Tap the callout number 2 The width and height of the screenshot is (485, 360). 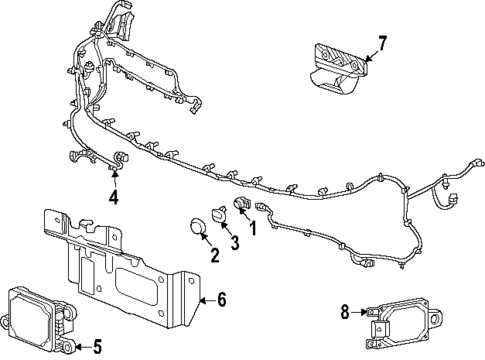[x=214, y=255]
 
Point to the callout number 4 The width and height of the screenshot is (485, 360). [x=114, y=197]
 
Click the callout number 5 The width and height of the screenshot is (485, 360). [x=96, y=348]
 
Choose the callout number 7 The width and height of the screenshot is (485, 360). [x=380, y=43]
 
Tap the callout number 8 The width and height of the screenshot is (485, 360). [x=345, y=312]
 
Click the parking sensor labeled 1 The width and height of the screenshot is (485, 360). [x=240, y=207]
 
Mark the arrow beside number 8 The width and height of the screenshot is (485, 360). [x=360, y=313]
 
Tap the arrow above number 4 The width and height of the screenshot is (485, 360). [x=115, y=178]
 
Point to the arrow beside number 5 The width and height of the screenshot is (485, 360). [x=82, y=347]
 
